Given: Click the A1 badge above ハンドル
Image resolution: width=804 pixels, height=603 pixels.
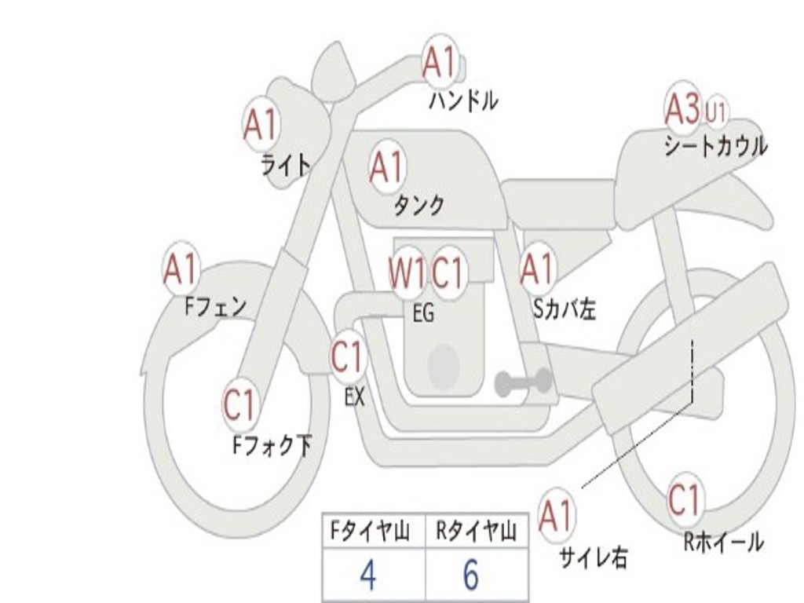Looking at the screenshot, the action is [x=440, y=63].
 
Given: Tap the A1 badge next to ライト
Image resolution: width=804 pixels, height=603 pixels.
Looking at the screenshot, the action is [x=261, y=125].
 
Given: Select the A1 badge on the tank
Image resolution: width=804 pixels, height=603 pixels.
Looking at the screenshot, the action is [x=386, y=167].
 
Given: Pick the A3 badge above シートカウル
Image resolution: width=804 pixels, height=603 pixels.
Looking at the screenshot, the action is [x=682, y=109].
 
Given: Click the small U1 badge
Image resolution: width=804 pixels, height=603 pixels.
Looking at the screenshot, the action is [x=715, y=112].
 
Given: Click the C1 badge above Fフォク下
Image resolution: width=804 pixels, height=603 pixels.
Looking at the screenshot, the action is [x=239, y=405].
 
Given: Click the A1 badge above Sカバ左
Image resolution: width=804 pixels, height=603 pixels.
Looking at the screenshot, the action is [x=537, y=269].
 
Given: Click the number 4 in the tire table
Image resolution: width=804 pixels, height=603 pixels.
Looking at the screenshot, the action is [x=367, y=576].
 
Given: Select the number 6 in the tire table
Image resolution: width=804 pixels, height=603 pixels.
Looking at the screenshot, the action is [x=470, y=576].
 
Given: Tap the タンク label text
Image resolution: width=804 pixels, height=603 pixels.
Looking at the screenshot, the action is [x=418, y=206].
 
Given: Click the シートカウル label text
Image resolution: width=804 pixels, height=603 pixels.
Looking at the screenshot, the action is [x=715, y=147].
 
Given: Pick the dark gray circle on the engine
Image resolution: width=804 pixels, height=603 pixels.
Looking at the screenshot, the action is [x=443, y=364].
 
